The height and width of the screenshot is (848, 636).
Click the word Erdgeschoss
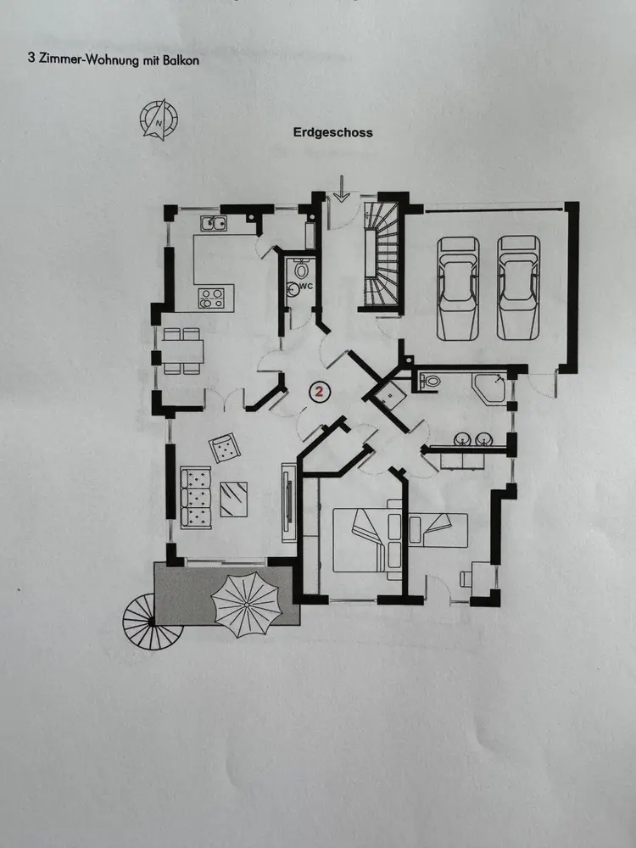pos(333,132)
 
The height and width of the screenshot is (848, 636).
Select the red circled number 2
pos(320,391)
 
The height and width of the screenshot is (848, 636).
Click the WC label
pos(307,287)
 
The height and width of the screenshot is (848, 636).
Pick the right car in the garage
pos(517,286)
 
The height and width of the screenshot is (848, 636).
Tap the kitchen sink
pos(213,225)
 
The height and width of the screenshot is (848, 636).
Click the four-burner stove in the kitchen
pos(210,298)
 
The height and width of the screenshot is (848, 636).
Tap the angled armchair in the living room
pos(226,448)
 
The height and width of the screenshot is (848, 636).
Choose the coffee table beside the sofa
pos(234,499)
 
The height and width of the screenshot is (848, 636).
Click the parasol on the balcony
pos(246,604)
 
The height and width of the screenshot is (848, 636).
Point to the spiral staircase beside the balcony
pos(139,621)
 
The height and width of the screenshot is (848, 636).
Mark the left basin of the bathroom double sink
pos(463,439)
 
